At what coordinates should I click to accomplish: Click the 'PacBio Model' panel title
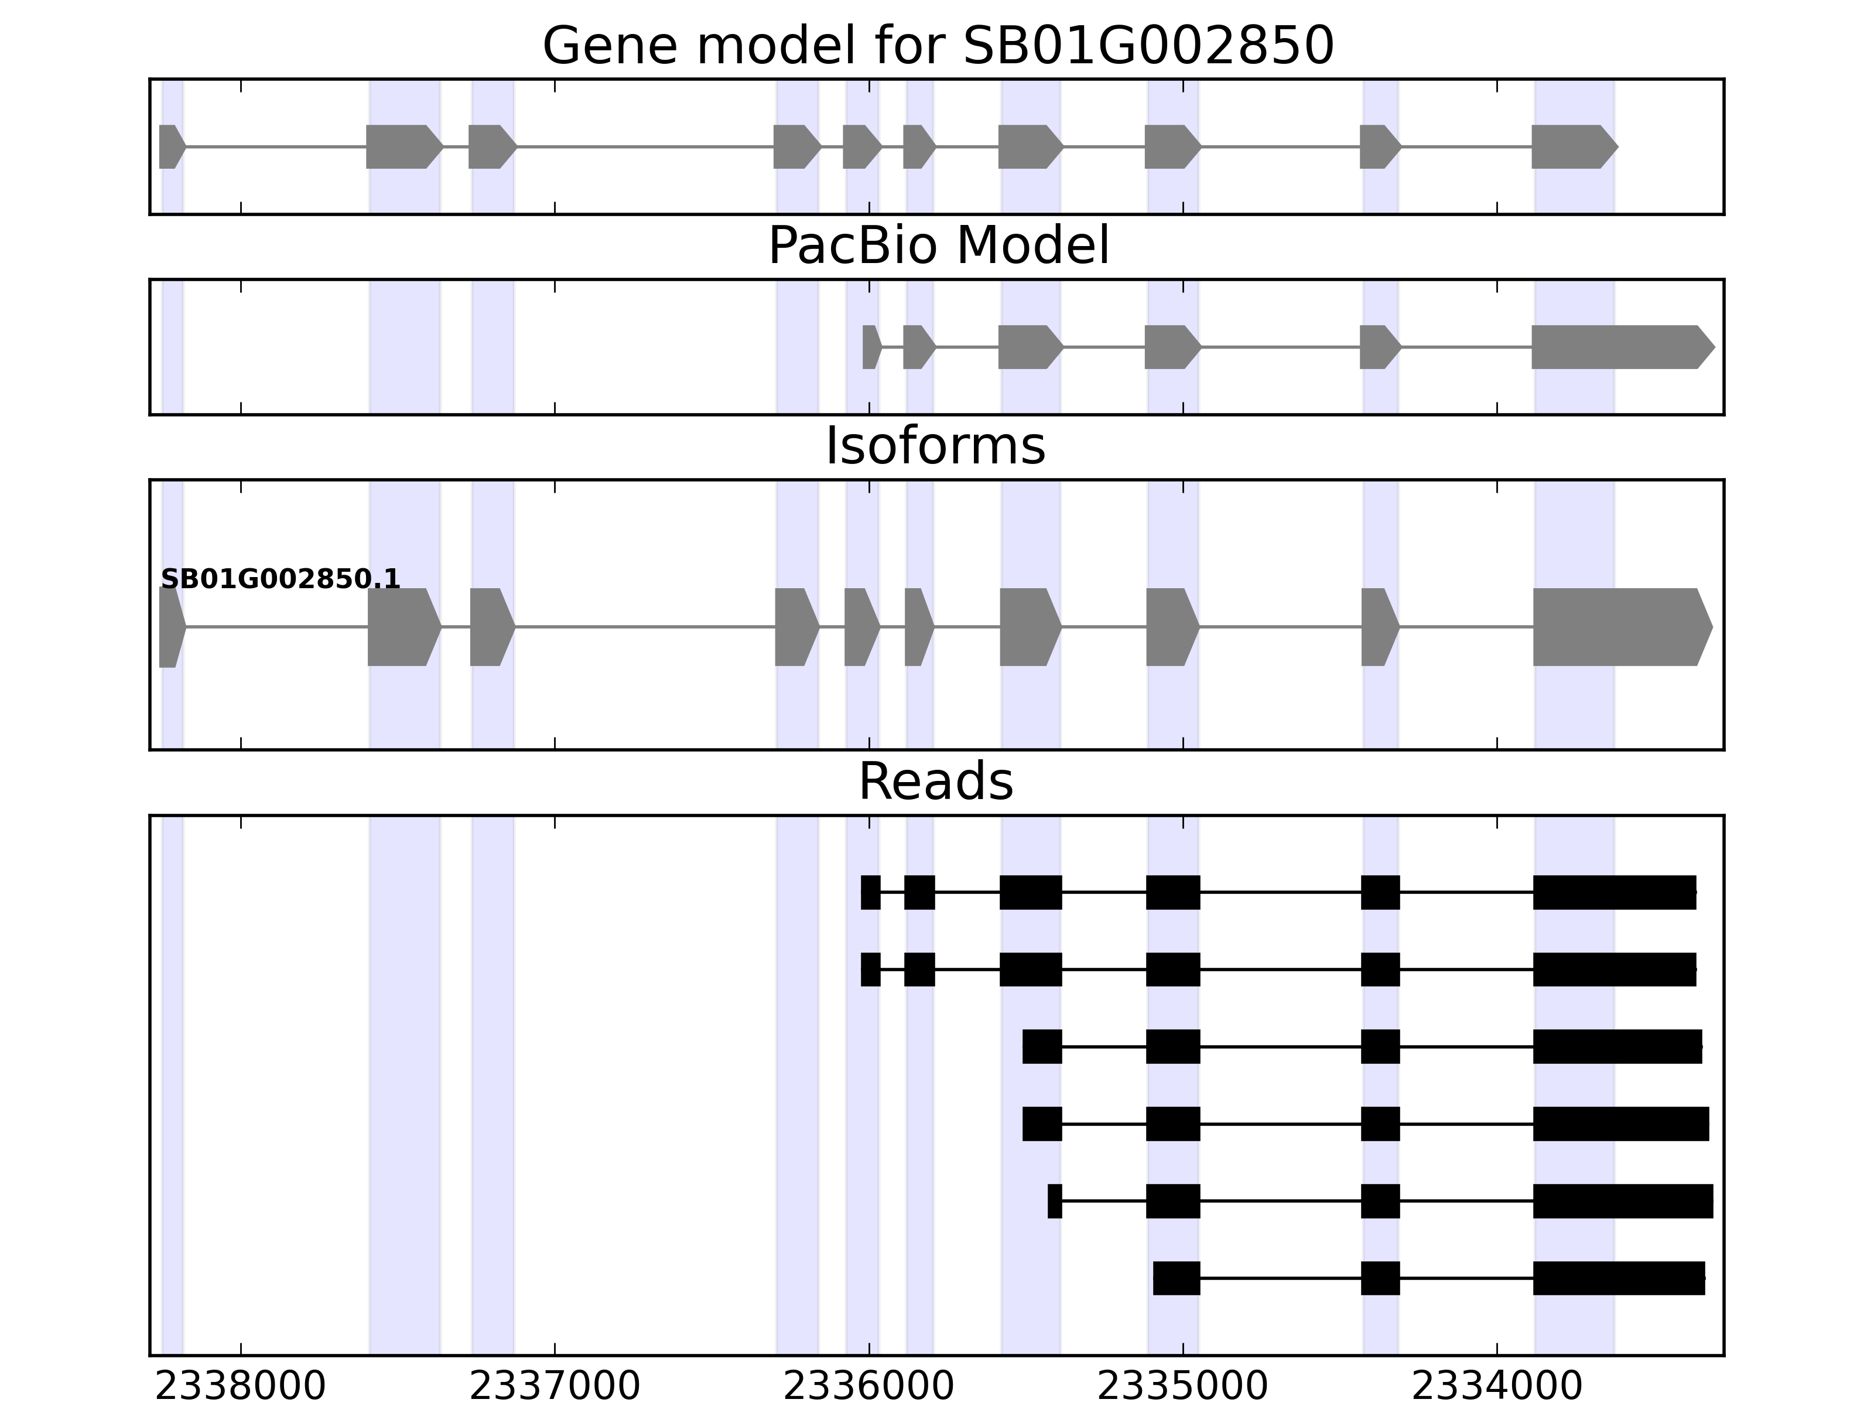937,247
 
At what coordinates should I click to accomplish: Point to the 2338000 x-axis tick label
241,1387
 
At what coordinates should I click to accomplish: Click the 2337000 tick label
555,1387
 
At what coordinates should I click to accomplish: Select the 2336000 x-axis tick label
868,1387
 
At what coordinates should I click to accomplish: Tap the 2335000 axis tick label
1183,1387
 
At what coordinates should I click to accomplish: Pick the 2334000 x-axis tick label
1497,1387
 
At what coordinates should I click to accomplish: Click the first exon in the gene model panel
170,146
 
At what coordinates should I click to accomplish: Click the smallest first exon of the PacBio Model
870,347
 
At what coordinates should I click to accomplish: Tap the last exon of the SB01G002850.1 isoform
1618,627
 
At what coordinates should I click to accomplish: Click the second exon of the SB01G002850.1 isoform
402,627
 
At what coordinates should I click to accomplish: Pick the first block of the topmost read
870,892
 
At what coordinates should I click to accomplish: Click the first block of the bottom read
1176,1278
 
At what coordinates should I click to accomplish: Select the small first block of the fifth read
1054,1201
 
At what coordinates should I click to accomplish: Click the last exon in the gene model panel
1572,146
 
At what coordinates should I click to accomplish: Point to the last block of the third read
1616,1047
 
